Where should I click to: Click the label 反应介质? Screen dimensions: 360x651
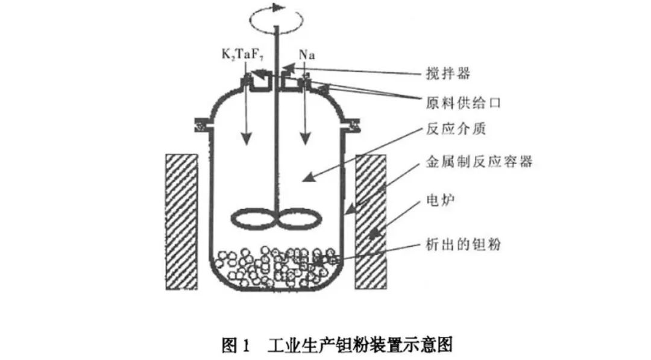click(x=447, y=129)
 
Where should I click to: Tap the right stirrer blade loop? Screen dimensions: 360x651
click(x=297, y=218)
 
